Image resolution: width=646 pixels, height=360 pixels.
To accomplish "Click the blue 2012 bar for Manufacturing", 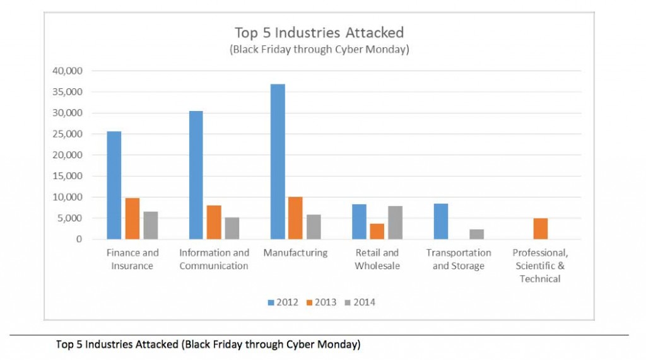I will pyautogui.click(x=278, y=161).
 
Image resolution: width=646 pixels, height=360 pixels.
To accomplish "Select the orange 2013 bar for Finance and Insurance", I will pyautogui.click(x=132, y=218).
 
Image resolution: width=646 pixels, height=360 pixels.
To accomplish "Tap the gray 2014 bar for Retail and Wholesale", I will pyautogui.click(x=396, y=223).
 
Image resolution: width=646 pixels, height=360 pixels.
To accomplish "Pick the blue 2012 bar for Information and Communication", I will pyautogui.click(x=196, y=175).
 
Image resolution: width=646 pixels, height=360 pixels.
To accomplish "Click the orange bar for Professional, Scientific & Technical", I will pyautogui.click(x=541, y=228).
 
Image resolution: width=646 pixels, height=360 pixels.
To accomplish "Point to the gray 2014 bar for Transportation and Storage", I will pyautogui.click(x=477, y=234).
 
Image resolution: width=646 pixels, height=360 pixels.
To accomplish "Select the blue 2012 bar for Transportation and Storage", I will pyautogui.click(x=441, y=221).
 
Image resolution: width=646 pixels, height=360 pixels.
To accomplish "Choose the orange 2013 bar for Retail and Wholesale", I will pyautogui.click(x=377, y=231).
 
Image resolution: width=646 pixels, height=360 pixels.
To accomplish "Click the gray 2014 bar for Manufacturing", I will pyautogui.click(x=314, y=226).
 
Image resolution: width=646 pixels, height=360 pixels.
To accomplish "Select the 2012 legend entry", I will pyautogui.click(x=283, y=303).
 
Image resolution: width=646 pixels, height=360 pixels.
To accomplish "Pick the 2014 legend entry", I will pyautogui.click(x=360, y=303).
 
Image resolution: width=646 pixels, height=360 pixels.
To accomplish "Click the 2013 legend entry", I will pyautogui.click(x=322, y=303).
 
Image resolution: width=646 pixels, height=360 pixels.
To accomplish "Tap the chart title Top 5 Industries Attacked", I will pyautogui.click(x=319, y=33).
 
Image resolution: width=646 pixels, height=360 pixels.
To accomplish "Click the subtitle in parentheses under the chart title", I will pyautogui.click(x=319, y=50).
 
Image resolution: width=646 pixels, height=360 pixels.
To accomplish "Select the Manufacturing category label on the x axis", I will pyautogui.click(x=296, y=253).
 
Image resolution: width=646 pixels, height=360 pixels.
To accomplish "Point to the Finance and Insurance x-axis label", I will pyautogui.click(x=132, y=259).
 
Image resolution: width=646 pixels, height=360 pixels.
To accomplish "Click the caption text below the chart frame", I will pyautogui.click(x=208, y=345).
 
